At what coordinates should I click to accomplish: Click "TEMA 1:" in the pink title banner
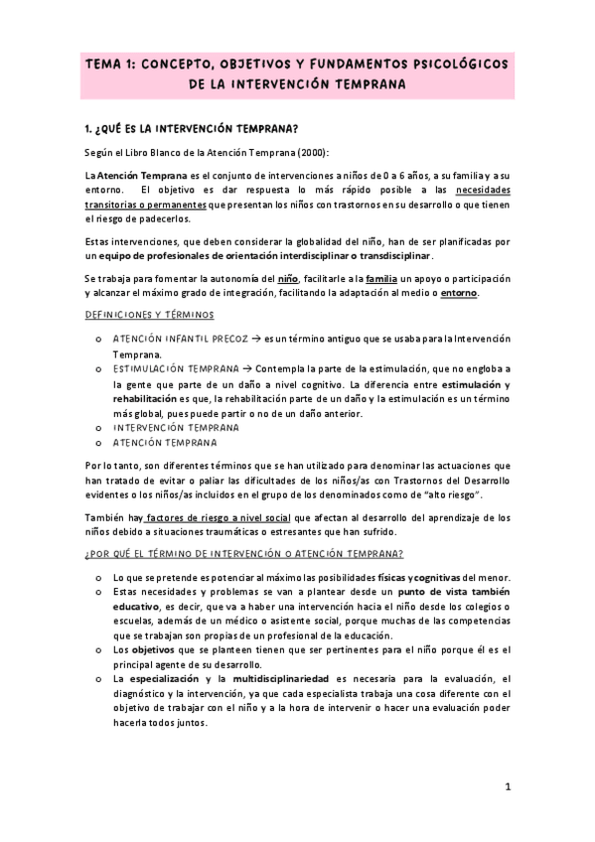pyautogui.click(x=113, y=64)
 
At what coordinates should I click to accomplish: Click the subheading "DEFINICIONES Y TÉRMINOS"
pyautogui.click(x=150, y=315)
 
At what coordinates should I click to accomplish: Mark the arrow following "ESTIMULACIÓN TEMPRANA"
pyautogui.click(x=247, y=368)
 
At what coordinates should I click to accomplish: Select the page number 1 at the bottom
pyautogui.click(x=507, y=787)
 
